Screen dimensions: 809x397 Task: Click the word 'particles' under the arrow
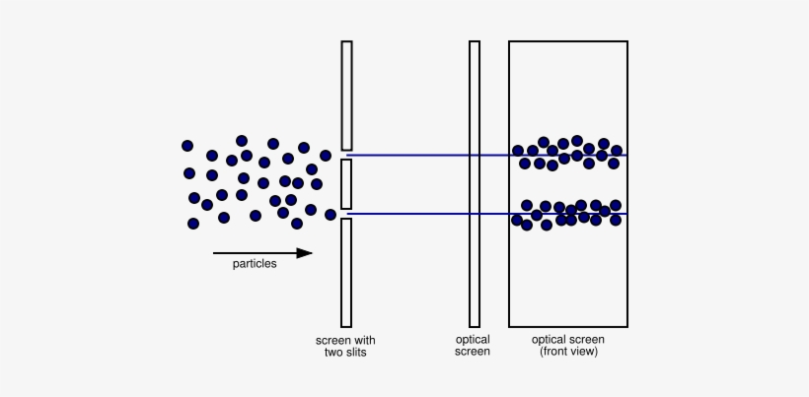tap(255, 264)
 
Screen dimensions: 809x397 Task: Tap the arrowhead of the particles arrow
tap(305, 253)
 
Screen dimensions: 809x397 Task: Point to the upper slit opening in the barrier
tap(346, 155)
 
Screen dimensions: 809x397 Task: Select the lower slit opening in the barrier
tap(346, 214)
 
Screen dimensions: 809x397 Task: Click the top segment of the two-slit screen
tap(346, 96)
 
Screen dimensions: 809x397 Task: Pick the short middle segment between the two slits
tap(346, 184)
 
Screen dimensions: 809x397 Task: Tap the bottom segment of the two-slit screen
tap(346, 273)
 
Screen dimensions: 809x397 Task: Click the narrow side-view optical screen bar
tap(475, 184)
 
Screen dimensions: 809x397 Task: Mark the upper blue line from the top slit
tap(486, 155)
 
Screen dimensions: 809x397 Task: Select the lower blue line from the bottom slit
tap(486, 214)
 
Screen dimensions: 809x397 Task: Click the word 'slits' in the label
tap(354, 353)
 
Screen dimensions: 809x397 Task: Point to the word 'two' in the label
tap(331, 353)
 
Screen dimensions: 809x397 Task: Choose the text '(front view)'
tap(568, 353)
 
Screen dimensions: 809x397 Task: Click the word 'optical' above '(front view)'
tap(548, 340)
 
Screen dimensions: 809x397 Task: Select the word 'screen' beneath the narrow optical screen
tap(473, 353)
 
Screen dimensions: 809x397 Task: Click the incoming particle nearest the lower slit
tap(331, 215)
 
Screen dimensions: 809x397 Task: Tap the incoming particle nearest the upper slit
tap(326, 156)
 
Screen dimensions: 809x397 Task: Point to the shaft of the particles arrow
tap(256, 253)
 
